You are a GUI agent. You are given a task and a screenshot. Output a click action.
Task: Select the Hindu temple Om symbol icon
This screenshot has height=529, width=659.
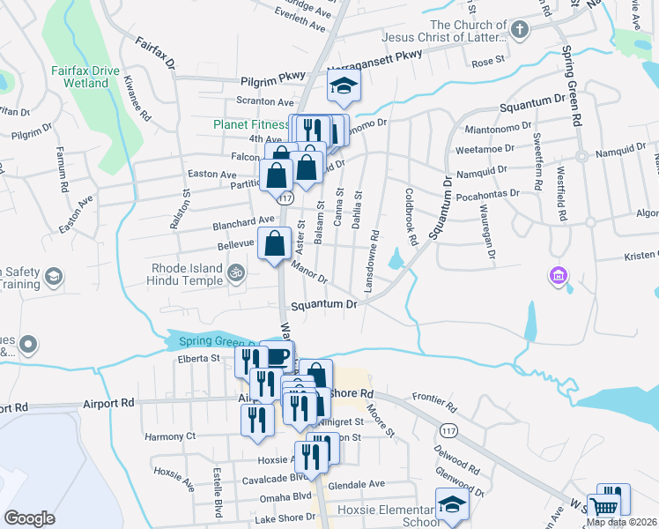click(234, 275)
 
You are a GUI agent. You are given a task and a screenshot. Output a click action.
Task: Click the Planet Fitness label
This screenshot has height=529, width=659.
click(251, 124)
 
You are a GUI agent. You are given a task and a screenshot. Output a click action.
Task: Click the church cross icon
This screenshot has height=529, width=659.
click(520, 32)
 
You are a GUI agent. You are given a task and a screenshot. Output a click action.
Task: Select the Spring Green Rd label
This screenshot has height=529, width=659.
click(574, 88)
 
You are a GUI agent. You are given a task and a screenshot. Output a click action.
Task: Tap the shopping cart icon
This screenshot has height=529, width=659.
click(604, 507)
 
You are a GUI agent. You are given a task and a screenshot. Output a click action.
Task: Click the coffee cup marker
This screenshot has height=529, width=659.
click(278, 356)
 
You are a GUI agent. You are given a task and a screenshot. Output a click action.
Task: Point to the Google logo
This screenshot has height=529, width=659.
click(29, 518)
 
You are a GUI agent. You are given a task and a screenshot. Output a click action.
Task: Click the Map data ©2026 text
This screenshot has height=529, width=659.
click(622, 522)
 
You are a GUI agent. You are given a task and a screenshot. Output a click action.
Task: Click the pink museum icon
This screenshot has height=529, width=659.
click(557, 277)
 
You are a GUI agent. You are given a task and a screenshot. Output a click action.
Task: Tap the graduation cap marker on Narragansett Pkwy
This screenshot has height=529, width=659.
click(344, 86)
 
